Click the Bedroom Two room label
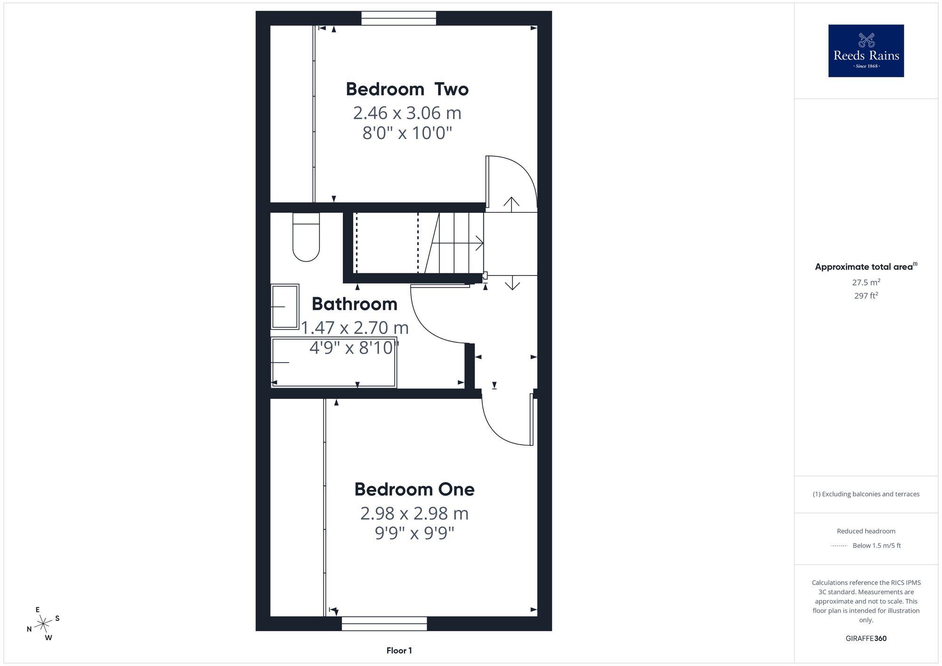407,89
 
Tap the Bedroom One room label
414,489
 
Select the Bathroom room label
354,304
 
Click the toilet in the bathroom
306,237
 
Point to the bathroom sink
285,307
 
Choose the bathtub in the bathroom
334,363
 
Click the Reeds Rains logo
866,51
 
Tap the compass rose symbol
43,624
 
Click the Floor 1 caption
399,650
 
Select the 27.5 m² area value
866,283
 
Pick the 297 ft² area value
866,296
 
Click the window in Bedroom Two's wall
398,18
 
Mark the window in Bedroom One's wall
384,624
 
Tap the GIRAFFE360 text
866,639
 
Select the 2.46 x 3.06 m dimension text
407,113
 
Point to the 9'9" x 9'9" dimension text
414,533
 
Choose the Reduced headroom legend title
866,531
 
